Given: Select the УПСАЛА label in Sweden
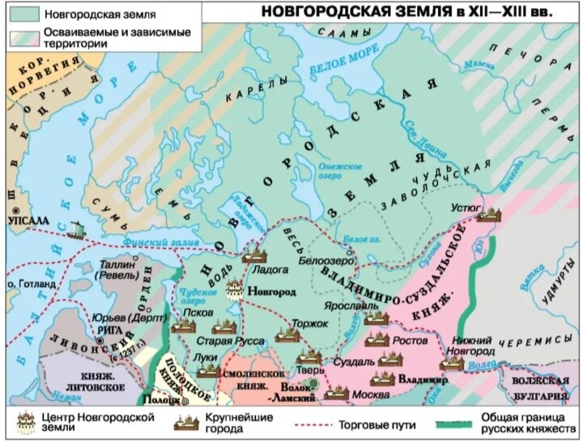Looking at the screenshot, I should click(x=27, y=219).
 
